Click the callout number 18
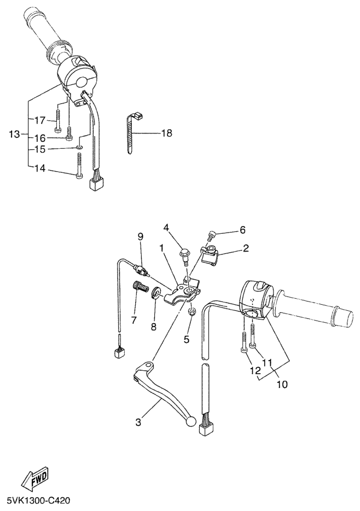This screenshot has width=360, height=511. point(166,133)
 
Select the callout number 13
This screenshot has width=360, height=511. point(14,134)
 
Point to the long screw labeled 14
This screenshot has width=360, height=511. point(79,166)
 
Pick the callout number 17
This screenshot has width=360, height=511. point(40,120)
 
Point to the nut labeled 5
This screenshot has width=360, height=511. point(192,312)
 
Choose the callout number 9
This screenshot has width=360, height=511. point(141,236)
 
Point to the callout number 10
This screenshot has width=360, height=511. point(282,384)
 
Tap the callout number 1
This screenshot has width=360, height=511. point(161,248)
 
